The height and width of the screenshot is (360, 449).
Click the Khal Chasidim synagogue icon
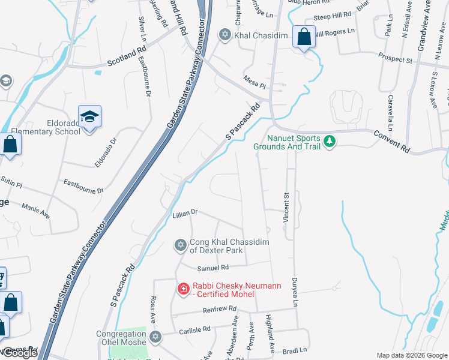pyautogui.click(x=225, y=35)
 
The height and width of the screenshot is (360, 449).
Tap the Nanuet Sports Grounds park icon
pyautogui.click(x=329, y=142)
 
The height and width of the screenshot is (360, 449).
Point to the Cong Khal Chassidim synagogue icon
pyautogui.click(x=180, y=245)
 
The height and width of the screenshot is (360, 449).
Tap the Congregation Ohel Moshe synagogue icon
pyautogui.click(x=155, y=337)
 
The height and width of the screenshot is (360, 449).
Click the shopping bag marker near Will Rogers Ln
pyautogui.click(x=304, y=36)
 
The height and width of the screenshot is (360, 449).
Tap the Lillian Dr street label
pyautogui.click(x=184, y=212)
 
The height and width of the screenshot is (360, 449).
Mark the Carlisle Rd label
pyautogui.click(x=194, y=329)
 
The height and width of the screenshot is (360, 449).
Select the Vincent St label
pyautogui.click(x=287, y=208)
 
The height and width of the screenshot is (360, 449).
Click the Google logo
pyautogui.click(x=20, y=353)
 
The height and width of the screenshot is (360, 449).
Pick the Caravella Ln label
pyautogui.click(x=390, y=112)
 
